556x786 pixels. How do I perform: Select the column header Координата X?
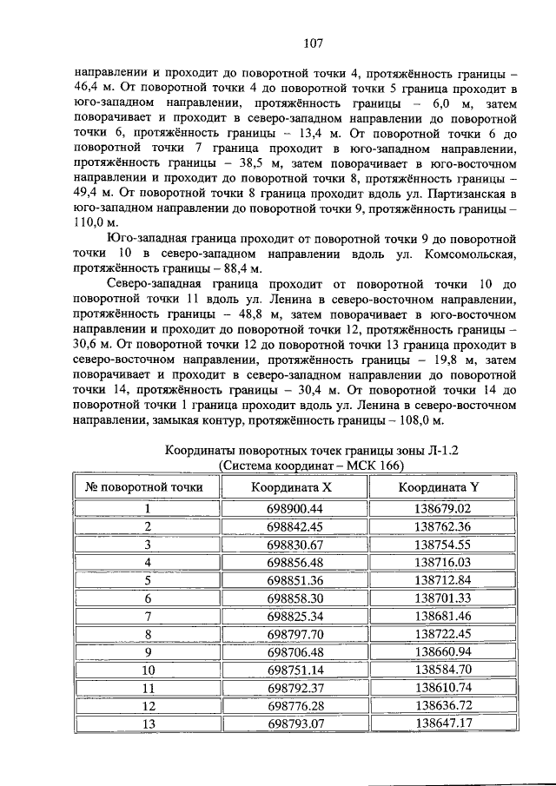[295, 487]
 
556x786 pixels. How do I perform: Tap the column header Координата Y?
[442, 487]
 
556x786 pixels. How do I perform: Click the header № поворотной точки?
[144, 487]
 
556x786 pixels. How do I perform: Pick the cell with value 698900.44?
[295, 509]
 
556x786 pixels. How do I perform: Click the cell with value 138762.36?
[442, 526]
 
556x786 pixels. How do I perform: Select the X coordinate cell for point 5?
[295, 580]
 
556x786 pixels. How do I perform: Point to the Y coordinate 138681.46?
[442, 616]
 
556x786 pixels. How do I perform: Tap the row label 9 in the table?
[148, 652]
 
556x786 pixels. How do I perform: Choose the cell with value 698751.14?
[295, 670]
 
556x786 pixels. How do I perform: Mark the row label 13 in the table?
[148, 723]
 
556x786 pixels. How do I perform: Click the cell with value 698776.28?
[295, 705]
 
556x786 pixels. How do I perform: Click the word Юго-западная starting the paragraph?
[147, 238]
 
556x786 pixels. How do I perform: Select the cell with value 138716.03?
[442, 563]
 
